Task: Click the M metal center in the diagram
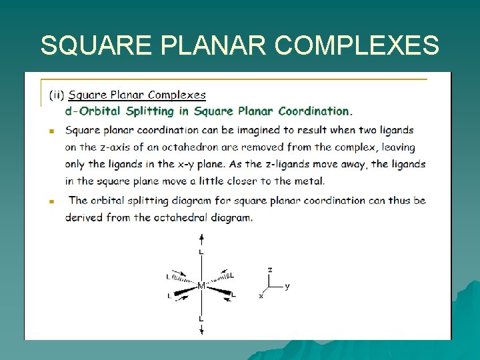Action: pos(201,286)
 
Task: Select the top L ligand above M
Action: pos(201,253)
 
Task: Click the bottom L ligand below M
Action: pos(201,319)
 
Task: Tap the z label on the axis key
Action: pos(269,270)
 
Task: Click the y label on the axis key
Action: pos(287,287)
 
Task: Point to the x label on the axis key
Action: pos(261,296)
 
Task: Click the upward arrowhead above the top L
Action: pos(201,237)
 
